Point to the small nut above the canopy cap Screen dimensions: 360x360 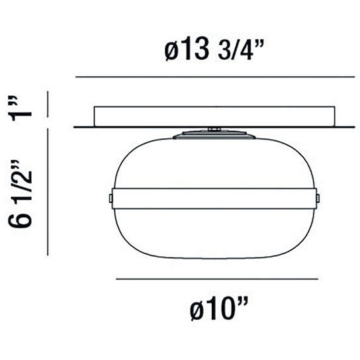tap(212, 128)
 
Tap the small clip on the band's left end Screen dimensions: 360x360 tap(110, 198)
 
